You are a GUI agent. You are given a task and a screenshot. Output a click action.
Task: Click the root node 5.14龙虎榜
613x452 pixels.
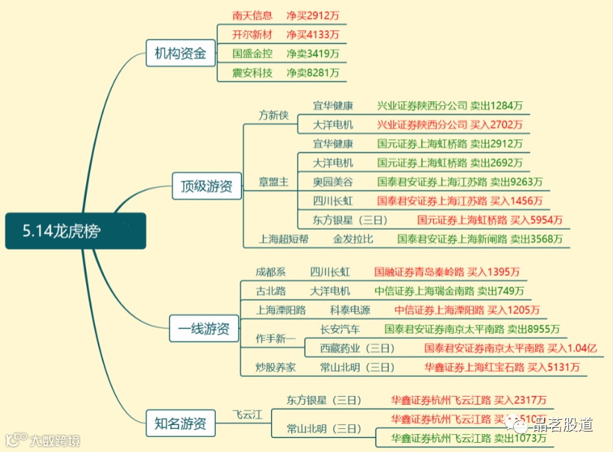point(75,231)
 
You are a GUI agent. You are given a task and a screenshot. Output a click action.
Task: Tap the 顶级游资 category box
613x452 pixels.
point(207,187)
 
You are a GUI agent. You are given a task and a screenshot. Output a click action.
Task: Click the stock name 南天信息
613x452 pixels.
point(252,15)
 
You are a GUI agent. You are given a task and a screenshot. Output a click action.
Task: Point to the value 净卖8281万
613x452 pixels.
point(312,73)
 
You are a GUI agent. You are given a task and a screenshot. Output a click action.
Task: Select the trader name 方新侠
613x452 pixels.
point(274,115)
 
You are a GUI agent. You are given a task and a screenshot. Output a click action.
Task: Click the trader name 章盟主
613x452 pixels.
point(274,182)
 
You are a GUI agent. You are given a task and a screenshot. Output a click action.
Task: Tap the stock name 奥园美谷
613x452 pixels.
point(333,182)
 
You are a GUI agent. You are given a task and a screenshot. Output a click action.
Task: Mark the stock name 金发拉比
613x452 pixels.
point(353,239)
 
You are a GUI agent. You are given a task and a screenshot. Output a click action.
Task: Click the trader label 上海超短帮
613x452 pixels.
point(283,239)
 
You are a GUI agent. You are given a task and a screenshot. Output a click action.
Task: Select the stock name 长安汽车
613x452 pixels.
point(340,329)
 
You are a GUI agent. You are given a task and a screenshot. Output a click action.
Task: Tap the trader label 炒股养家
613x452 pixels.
point(276,367)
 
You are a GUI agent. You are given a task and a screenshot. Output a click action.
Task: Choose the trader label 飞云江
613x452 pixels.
point(248,415)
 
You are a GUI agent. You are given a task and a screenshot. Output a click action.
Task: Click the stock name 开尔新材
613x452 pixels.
point(252,34)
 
